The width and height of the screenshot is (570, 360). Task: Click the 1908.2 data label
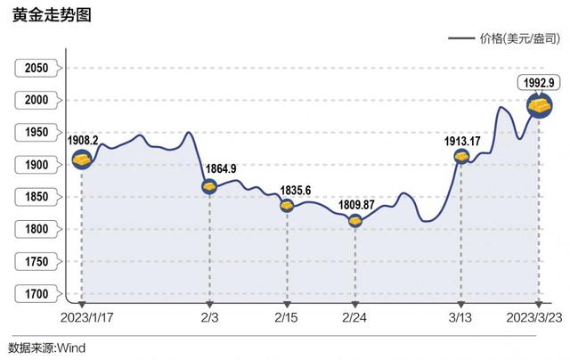click(82, 141)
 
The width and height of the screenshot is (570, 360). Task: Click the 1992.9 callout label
click(539, 83)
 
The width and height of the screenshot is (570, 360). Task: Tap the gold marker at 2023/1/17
click(83, 160)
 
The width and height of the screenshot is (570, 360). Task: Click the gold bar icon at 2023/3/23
click(540, 106)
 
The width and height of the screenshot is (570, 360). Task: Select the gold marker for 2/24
click(355, 220)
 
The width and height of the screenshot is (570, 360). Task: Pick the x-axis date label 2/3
click(208, 316)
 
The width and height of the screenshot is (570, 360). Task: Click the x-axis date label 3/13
click(460, 316)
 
